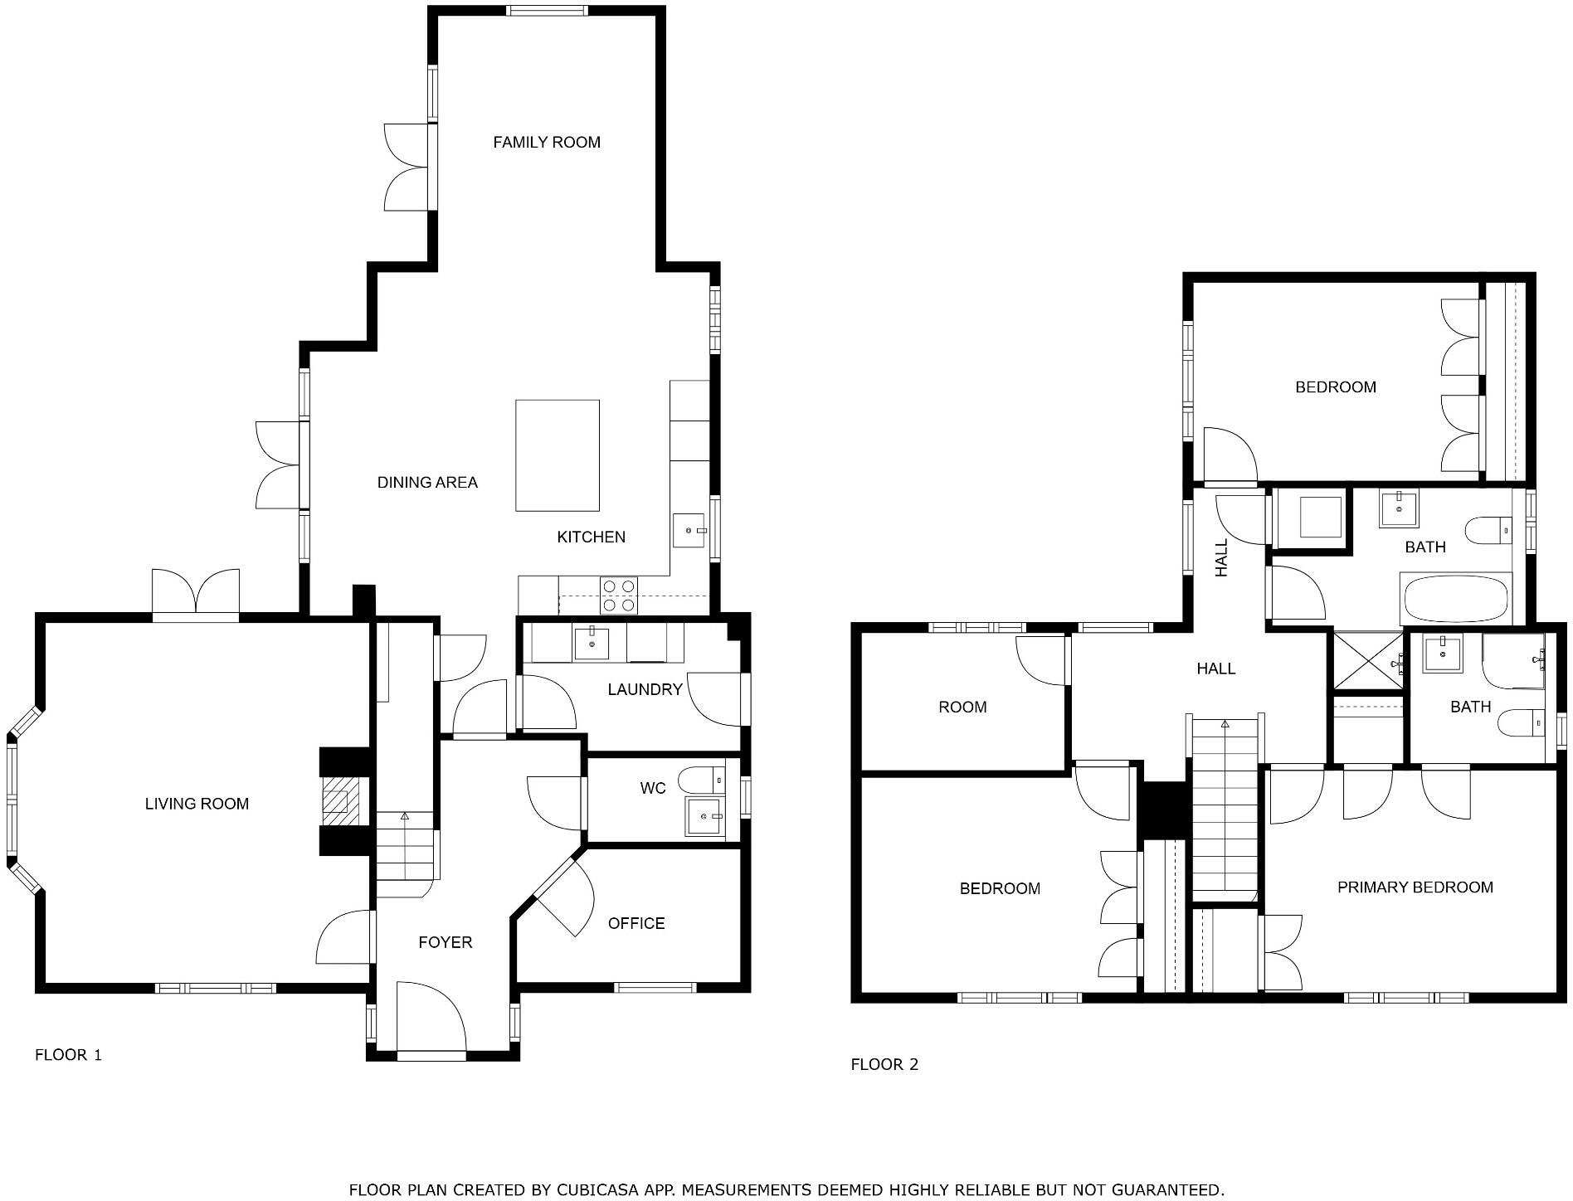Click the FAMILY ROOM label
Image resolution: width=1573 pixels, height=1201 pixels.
point(546,142)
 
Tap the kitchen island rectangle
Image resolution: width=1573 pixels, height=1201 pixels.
point(558,455)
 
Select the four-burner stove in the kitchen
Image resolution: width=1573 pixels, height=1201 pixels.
point(619,596)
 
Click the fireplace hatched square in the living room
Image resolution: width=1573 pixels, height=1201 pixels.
point(336,801)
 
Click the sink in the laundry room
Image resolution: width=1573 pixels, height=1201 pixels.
point(592,644)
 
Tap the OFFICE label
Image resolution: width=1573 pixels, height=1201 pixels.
point(636,923)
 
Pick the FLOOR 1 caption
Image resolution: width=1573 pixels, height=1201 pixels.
point(68,1055)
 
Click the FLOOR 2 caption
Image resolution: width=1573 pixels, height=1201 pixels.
point(884,1064)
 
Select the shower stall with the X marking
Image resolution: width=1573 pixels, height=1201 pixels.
point(1368,660)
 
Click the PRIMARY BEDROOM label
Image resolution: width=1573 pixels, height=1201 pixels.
point(1415,887)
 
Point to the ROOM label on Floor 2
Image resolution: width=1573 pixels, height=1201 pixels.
point(962,707)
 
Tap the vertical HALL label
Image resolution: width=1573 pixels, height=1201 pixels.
point(1221,558)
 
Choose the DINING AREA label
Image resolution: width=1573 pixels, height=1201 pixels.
point(427,482)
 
